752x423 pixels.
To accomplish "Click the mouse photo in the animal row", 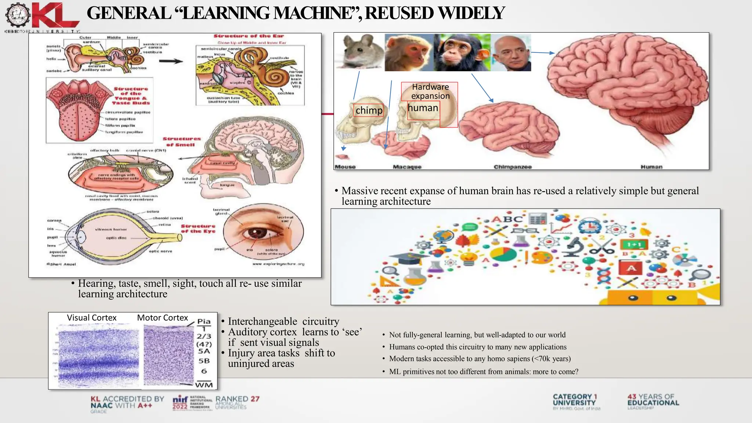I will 359,52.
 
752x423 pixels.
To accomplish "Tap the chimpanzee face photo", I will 462,52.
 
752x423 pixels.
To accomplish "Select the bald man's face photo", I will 511,53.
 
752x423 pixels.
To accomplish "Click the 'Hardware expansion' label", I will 430,91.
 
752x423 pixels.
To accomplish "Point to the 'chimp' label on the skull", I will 369,111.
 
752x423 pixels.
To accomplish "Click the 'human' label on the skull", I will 423,108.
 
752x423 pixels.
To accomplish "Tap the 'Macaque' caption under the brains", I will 407,167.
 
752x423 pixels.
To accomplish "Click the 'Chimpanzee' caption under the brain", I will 513,167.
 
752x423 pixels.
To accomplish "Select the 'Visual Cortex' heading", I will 91,318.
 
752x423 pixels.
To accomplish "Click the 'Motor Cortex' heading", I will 162,318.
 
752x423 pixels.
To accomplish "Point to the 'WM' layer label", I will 204,385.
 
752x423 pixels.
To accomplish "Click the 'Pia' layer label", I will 204,322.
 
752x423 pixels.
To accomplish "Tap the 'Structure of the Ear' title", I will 249,36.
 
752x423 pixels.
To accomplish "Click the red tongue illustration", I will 73,112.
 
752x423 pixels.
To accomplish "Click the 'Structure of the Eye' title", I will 198,229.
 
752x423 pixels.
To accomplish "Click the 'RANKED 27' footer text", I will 237,399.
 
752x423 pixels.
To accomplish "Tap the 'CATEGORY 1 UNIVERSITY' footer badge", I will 575,400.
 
